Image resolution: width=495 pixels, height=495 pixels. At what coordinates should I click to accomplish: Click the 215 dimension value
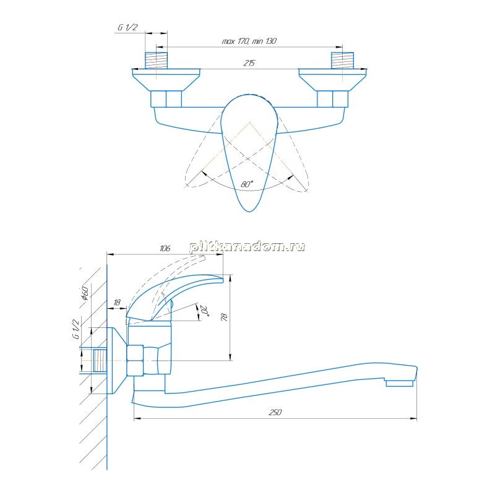click(x=249, y=63)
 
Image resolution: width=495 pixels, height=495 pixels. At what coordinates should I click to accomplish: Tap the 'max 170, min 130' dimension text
click(x=249, y=41)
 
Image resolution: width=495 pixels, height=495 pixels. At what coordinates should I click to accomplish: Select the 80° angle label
click(x=247, y=184)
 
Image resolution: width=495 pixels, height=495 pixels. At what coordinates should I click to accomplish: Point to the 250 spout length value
click(x=275, y=412)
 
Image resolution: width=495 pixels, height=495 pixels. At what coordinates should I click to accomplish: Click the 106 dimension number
click(x=165, y=248)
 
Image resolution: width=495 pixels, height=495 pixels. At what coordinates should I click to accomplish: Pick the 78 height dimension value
click(x=225, y=317)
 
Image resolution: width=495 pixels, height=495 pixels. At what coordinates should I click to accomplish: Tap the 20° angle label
click(x=205, y=311)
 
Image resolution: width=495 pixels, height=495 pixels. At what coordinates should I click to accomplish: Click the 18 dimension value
click(x=117, y=303)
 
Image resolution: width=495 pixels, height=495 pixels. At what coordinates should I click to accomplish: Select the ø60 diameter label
click(x=85, y=292)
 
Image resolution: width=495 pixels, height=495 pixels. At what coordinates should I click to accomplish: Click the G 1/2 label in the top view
click(x=128, y=27)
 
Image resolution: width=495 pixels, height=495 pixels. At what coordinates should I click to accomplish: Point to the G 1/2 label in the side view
click(x=76, y=329)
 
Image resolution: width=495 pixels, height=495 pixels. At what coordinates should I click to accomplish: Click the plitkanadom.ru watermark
click(x=247, y=246)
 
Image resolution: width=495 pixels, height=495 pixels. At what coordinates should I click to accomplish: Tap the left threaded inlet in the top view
click(x=156, y=60)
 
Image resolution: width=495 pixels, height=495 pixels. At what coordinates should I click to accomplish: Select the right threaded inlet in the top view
click(x=342, y=60)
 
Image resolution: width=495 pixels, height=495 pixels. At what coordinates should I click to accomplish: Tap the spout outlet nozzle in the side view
click(x=399, y=383)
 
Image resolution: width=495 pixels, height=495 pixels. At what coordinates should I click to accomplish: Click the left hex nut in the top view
click(x=166, y=99)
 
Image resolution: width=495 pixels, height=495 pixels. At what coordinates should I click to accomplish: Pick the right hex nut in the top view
click(x=332, y=99)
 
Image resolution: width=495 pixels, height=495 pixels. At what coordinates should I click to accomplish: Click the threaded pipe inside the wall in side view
click(x=100, y=361)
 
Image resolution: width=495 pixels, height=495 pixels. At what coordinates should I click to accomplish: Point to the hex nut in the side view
click(x=135, y=360)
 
